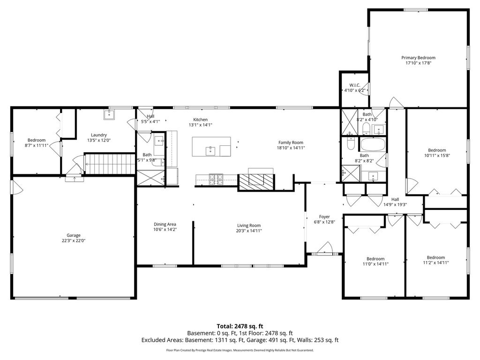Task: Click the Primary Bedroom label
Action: [x=418, y=58]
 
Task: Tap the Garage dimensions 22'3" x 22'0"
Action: [x=74, y=240]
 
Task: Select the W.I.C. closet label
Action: [x=355, y=85]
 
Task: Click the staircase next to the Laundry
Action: [x=110, y=164]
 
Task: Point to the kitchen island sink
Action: [x=210, y=151]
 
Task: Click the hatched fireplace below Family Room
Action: [x=256, y=182]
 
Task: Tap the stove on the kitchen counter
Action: [x=217, y=180]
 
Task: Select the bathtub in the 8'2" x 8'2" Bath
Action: [x=373, y=144]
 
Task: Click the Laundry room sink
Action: [x=109, y=114]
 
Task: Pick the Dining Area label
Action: [x=165, y=225]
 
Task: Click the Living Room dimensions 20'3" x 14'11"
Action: [x=249, y=231]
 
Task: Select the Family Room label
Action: [x=291, y=142]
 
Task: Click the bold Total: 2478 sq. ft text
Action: [x=240, y=326]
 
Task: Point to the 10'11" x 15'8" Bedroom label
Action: [x=437, y=150]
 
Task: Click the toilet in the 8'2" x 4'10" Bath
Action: [x=366, y=129]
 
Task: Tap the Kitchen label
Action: [x=201, y=120]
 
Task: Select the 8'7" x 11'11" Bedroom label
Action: [x=37, y=140]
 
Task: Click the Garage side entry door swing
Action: [x=17, y=187]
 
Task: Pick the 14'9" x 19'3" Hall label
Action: [x=395, y=199]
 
